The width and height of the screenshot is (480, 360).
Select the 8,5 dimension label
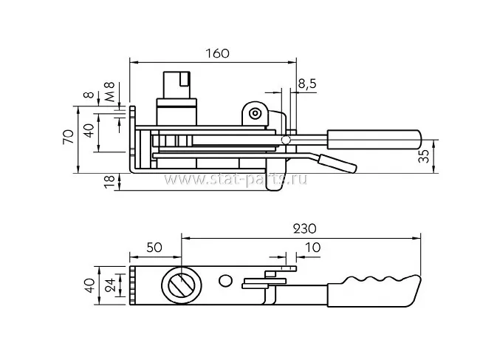[307, 84]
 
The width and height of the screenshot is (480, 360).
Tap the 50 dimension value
[155, 248]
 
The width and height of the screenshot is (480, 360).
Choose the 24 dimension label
[109, 284]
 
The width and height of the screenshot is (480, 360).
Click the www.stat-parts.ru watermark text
[236, 179]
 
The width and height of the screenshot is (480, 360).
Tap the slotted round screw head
[182, 285]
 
